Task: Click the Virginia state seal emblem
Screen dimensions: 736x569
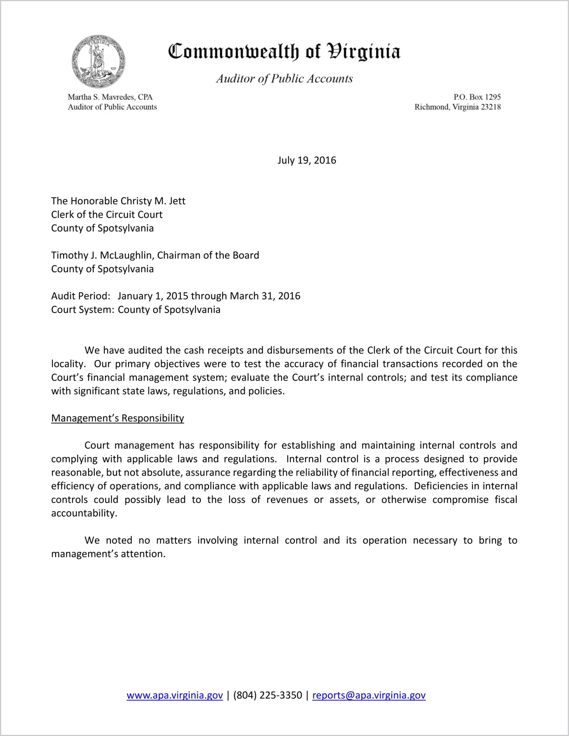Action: [x=98, y=61]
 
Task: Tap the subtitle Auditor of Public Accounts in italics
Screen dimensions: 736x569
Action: [x=284, y=79]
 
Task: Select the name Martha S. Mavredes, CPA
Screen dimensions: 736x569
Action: [x=110, y=97]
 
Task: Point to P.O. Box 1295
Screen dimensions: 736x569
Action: [x=477, y=97]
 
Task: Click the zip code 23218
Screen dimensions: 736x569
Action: [x=491, y=107]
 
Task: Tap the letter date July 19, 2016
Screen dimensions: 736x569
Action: [x=307, y=160]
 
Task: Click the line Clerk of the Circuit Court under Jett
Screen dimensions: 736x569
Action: [x=107, y=215]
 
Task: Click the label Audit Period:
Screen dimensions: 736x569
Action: [x=81, y=296]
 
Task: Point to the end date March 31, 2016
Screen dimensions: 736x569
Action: [x=265, y=296]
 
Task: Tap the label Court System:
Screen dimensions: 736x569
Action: [x=83, y=309]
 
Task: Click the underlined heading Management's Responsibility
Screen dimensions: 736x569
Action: [x=117, y=418]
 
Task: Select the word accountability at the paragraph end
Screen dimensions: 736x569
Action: [x=83, y=513]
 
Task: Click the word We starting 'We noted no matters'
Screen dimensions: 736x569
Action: [x=92, y=540]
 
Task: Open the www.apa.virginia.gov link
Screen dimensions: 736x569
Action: [x=174, y=695]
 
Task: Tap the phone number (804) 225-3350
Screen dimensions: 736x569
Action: [x=267, y=695]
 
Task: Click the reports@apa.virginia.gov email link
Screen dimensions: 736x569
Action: [x=369, y=695]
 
